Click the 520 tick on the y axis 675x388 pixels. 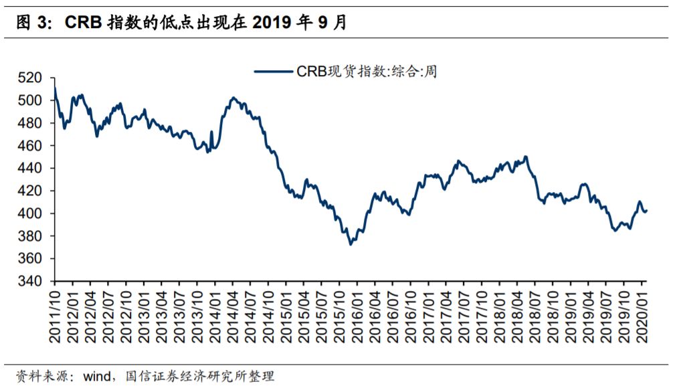click(29, 78)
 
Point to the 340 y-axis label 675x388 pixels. click(29, 281)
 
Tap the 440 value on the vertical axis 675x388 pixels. click(29, 169)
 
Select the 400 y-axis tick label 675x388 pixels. click(29, 213)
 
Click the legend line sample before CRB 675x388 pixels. click(273, 72)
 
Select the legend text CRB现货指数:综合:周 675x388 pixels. click(367, 72)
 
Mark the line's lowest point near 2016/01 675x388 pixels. click(351, 244)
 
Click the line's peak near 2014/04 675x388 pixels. click(233, 98)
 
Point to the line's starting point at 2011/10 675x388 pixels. click(55, 88)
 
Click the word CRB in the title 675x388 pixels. click(83, 22)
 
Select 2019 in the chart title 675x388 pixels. click(272, 22)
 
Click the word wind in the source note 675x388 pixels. click(97, 377)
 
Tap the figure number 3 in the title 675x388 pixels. click(41, 22)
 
